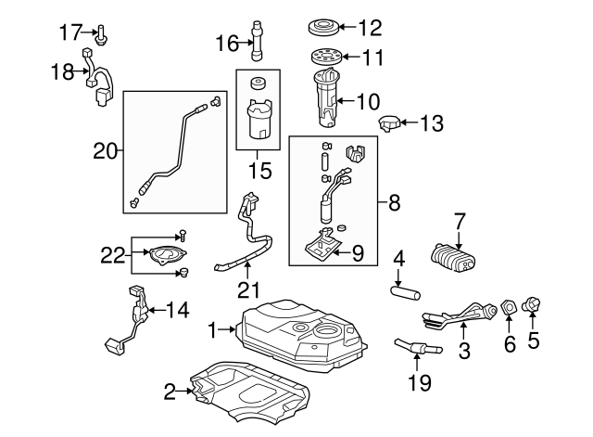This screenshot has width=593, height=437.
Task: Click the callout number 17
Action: (x=71, y=32)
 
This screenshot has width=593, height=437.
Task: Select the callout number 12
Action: (x=369, y=26)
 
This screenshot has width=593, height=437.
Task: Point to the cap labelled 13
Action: (x=390, y=122)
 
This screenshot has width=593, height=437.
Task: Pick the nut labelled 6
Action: (x=508, y=307)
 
